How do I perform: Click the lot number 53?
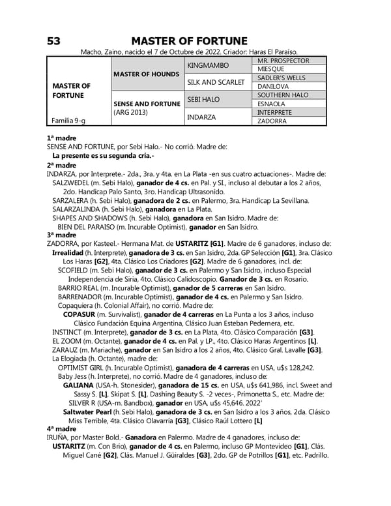pyautogui.click(x=53, y=41)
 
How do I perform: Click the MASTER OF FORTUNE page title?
pyautogui.click(x=189, y=41)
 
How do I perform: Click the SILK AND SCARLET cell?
pyautogui.click(x=216, y=82)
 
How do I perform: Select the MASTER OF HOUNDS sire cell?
pyautogui.click(x=146, y=74)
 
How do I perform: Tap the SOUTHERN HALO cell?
pyautogui.click(x=283, y=95)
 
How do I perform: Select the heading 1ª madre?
pyautogui.click(x=61, y=138)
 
